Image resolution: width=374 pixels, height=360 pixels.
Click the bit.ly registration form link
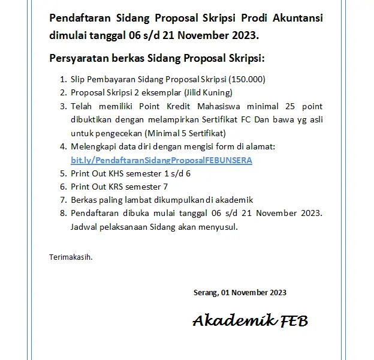(161, 160)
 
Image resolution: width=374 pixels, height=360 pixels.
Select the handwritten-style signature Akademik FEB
(250, 320)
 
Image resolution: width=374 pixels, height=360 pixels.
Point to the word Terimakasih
(71, 257)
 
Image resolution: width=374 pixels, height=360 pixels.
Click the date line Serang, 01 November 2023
(240, 293)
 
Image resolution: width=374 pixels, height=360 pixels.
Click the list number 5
(63, 173)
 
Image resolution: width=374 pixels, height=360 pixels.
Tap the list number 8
(63, 214)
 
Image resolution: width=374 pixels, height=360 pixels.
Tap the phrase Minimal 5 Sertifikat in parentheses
(188, 133)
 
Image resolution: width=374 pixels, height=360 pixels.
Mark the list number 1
(63, 79)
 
